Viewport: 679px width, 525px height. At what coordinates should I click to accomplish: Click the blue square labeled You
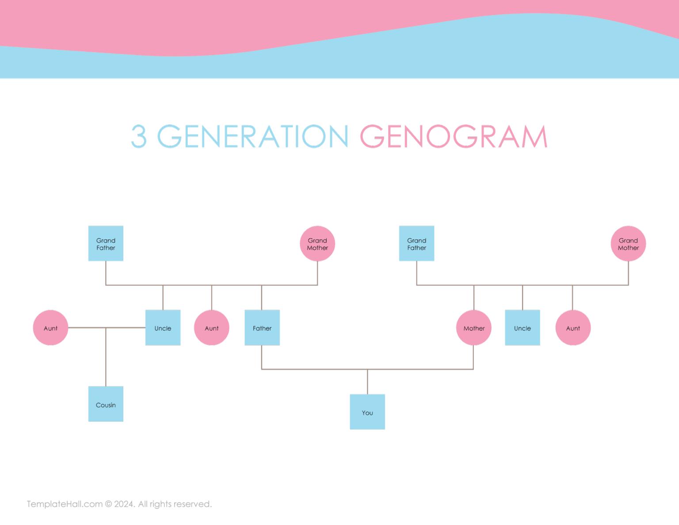(x=367, y=412)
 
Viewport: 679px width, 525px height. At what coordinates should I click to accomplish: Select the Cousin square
(x=106, y=404)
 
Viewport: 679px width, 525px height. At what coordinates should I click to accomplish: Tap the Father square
(x=262, y=328)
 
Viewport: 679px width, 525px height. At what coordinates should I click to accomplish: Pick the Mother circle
(x=474, y=328)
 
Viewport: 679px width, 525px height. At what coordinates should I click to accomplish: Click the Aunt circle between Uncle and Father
(x=212, y=328)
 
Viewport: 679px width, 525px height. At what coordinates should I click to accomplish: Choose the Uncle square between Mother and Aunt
(x=523, y=328)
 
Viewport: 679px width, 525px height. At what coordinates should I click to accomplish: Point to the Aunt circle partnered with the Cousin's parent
(x=50, y=328)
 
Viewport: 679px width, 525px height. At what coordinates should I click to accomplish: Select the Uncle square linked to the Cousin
(x=163, y=328)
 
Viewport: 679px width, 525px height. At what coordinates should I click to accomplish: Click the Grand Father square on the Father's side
(x=106, y=244)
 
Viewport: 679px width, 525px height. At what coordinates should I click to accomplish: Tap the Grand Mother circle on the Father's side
(x=317, y=244)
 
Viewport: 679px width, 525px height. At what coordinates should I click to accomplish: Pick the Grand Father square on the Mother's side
(x=416, y=244)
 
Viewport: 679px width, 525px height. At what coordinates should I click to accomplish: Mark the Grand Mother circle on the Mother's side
(x=628, y=244)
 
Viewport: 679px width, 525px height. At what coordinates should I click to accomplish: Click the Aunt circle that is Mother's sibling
(x=573, y=328)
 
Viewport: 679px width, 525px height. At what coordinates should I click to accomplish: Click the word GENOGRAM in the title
(x=454, y=136)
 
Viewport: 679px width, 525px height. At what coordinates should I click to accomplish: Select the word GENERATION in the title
(x=253, y=136)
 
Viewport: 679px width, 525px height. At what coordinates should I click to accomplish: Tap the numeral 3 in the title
(x=138, y=136)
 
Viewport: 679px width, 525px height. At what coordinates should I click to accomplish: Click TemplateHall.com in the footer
(x=65, y=504)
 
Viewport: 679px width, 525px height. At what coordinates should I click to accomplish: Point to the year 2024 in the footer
(x=124, y=504)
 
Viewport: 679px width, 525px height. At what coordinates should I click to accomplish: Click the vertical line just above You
(x=367, y=382)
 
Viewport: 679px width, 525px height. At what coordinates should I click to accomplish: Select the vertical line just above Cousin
(x=106, y=357)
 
